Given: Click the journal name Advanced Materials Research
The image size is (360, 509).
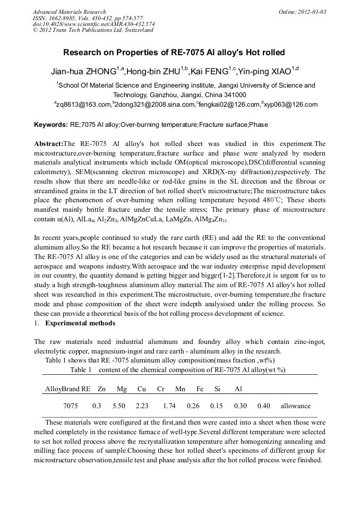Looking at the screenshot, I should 69,12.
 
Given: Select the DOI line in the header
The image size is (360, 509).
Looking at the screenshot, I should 93,24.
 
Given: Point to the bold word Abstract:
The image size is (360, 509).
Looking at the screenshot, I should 48,144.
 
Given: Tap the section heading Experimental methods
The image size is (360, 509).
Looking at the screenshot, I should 80,323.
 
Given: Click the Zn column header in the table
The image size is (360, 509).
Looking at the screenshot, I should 101,389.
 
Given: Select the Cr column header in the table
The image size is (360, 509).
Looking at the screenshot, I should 161,389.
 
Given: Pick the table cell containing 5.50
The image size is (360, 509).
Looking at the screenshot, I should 119,406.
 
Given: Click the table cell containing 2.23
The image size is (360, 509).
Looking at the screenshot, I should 142,406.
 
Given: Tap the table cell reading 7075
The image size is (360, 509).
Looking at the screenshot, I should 71,406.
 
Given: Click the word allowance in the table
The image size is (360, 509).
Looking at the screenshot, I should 296,406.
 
